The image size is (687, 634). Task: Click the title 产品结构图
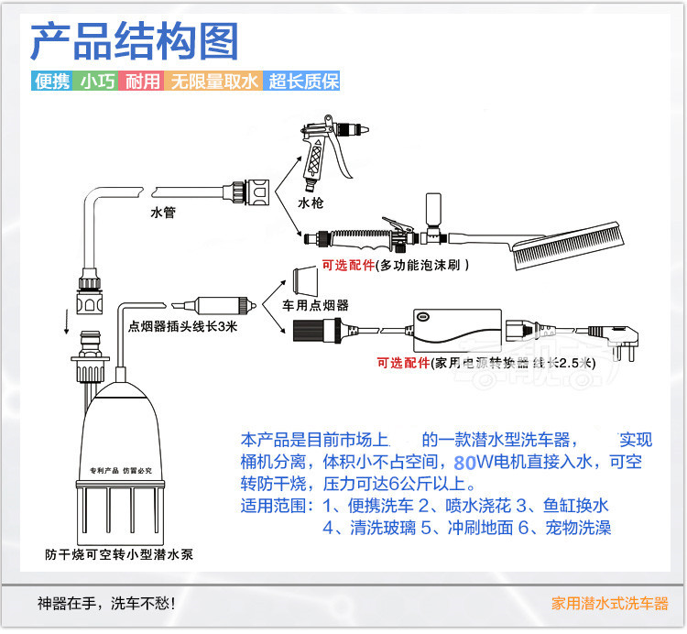(135, 41)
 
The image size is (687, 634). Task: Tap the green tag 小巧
(97, 82)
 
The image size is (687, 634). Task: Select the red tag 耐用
(143, 82)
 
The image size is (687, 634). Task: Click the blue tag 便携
(51, 82)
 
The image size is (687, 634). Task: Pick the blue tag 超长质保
(303, 82)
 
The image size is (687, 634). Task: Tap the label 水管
(163, 213)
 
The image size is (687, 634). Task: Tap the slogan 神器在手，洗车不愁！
(106, 605)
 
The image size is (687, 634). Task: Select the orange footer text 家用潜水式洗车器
(610, 605)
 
